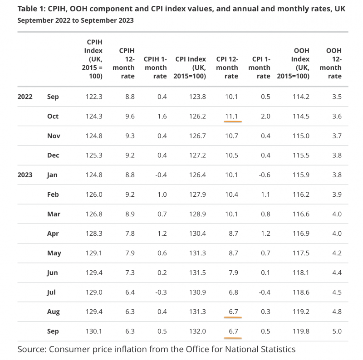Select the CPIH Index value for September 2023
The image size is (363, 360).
tap(93, 331)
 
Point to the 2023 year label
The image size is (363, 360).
tap(25, 175)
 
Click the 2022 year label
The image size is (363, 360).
tap(25, 97)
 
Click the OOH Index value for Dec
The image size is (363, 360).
tap(300, 155)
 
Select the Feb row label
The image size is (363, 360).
tap(54, 194)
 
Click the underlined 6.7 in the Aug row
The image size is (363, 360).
tap(233, 311)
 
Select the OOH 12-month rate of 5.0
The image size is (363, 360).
tap(336, 331)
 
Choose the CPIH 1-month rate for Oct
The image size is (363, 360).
tap(161, 116)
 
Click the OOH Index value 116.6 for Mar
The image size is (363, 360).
tap(300, 214)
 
